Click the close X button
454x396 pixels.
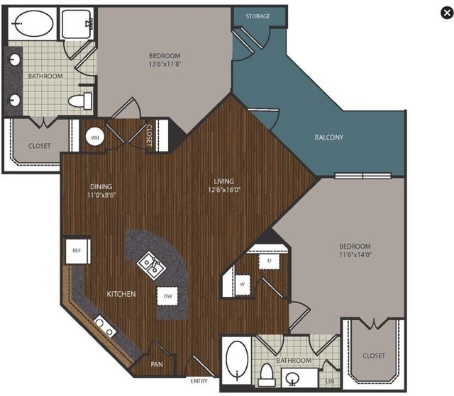(x=447, y=13)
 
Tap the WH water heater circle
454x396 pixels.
(x=95, y=137)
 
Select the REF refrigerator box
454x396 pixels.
(x=77, y=251)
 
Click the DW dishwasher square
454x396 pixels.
(x=167, y=296)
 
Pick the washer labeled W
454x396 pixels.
(x=243, y=285)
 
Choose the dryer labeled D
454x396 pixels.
(x=270, y=261)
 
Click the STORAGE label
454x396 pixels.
(x=258, y=16)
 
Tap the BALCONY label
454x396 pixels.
(x=329, y=137)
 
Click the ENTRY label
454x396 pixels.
(x=199, y=381)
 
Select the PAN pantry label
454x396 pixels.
(x=157, y=364)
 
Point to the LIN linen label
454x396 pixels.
(x=330, y=382)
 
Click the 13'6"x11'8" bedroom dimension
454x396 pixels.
(x=165, y=64)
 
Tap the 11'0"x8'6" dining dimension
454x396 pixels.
(x=101, y=195)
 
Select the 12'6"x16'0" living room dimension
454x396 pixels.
(x=224, y=190)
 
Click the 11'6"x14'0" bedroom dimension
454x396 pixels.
(x=355, y=254)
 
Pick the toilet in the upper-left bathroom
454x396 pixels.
(x=80, y=101)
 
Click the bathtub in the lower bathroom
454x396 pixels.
(x=237, y=360)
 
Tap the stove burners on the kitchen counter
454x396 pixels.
(x=104, y=327)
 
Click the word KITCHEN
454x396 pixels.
(x=121, y=294)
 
